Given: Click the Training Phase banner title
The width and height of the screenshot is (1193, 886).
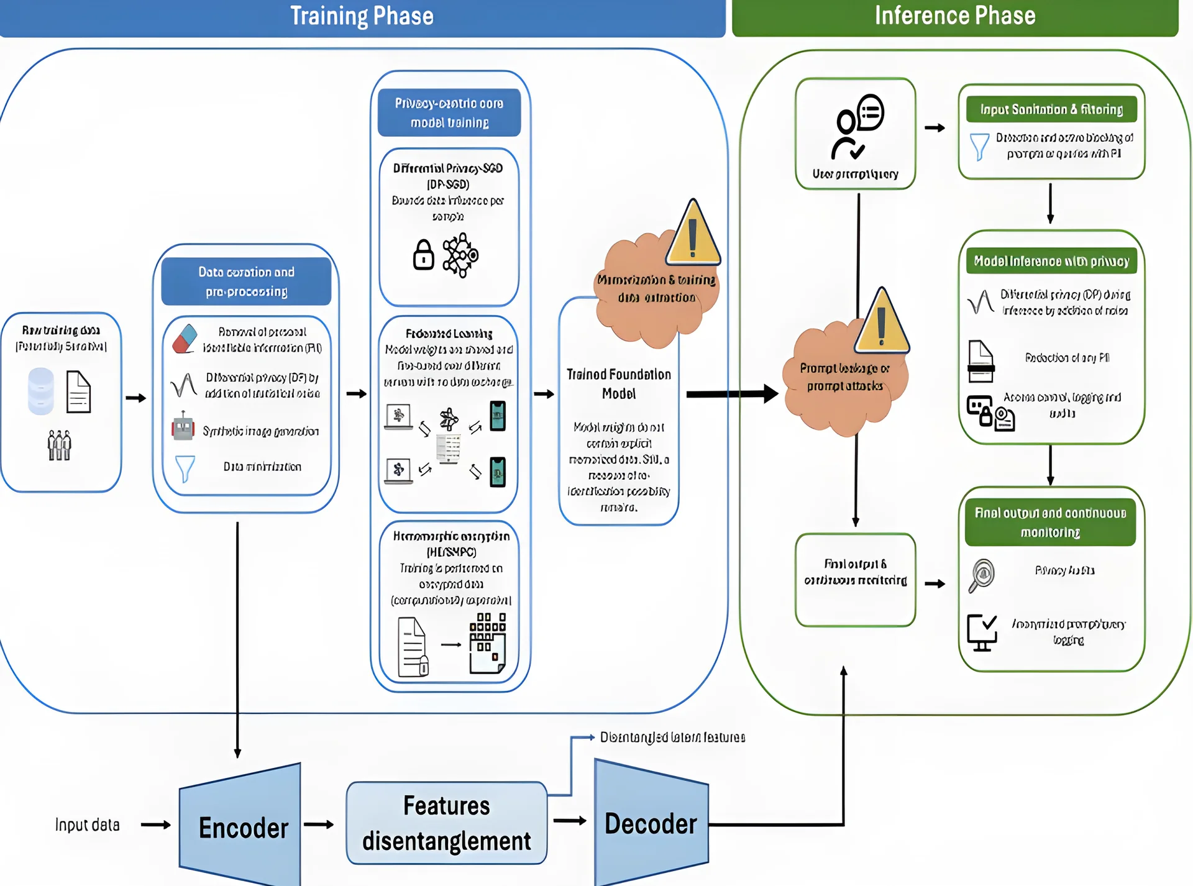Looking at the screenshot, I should [362, 16].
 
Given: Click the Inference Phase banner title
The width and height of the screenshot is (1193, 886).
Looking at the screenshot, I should [955, 16].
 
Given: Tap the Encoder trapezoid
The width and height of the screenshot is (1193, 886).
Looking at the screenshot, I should [242, 827].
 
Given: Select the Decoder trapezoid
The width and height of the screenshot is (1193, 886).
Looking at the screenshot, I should [651, 824].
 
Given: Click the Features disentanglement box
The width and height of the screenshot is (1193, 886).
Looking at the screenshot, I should [446, 823].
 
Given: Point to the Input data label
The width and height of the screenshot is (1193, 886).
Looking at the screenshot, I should [87, 825].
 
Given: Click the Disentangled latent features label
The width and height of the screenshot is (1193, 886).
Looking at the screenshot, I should [672, 738].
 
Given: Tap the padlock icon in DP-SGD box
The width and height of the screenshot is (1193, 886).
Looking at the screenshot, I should [424, 255].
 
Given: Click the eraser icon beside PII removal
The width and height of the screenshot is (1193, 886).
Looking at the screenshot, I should [185, 339].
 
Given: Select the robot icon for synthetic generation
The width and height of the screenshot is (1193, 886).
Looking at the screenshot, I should [183, 427].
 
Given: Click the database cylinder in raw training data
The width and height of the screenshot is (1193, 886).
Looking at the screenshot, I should [41, 391].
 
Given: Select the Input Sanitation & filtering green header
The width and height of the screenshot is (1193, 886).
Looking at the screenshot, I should [1051, 109].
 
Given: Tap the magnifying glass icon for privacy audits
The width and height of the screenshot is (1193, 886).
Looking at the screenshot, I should [982, 575].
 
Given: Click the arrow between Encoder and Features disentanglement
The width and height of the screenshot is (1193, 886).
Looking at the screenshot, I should [319, 824].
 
